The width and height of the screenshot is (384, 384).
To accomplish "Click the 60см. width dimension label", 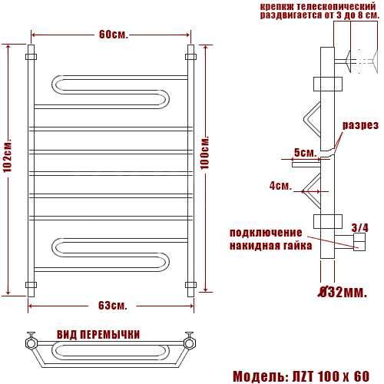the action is click(x=114, y=35).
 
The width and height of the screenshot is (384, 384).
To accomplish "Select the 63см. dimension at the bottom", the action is click(x=113, y=305).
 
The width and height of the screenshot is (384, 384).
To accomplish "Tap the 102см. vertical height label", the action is click(x=7, y=155).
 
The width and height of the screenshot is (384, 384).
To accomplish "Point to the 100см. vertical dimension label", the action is click(x=205, y=153).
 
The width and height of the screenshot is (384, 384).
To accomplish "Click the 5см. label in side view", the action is click(x=306, y=153).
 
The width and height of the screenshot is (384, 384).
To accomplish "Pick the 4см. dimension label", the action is click(x=280, y=186).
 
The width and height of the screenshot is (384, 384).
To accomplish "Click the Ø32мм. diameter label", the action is click(x=343, y=292).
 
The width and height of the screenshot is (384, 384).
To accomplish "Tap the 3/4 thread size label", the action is click(x=360, y=227).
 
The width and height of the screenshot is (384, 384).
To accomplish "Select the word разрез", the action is click(x=360, y=125).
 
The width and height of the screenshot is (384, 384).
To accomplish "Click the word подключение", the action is click(x=266, y=233).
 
